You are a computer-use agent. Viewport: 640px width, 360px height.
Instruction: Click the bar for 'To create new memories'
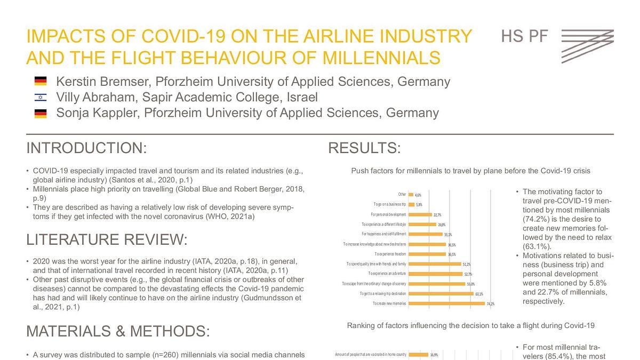(447, 303)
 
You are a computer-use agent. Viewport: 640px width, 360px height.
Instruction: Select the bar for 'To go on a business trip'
(411, 204)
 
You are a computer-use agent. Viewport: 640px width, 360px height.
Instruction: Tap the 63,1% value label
(479, 294)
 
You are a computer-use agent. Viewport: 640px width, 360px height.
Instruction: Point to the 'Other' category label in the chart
(402, 195)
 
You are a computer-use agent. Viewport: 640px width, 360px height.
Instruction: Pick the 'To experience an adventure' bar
(436, 274)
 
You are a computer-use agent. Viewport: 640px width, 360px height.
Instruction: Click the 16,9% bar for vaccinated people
(418, 354)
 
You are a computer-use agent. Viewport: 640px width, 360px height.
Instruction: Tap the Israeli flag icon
(41, 98)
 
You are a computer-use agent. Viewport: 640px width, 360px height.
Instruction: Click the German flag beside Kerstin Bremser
(41, 82)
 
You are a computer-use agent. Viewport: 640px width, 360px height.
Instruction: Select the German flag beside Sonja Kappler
(41, 113)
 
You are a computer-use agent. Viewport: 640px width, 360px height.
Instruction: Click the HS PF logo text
(525, 37)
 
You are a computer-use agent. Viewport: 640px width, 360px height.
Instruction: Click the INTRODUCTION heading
(86, 148)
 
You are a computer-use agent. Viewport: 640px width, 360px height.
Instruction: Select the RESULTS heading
(364, 148)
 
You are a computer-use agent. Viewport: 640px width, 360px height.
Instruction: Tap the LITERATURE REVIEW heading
(107, 240)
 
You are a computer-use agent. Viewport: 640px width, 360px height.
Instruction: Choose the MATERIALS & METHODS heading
(118, 331)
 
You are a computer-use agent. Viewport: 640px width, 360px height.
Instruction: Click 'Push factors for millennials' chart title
(470, 171)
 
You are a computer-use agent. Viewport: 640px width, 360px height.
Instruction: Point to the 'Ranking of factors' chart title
(470, 325)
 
